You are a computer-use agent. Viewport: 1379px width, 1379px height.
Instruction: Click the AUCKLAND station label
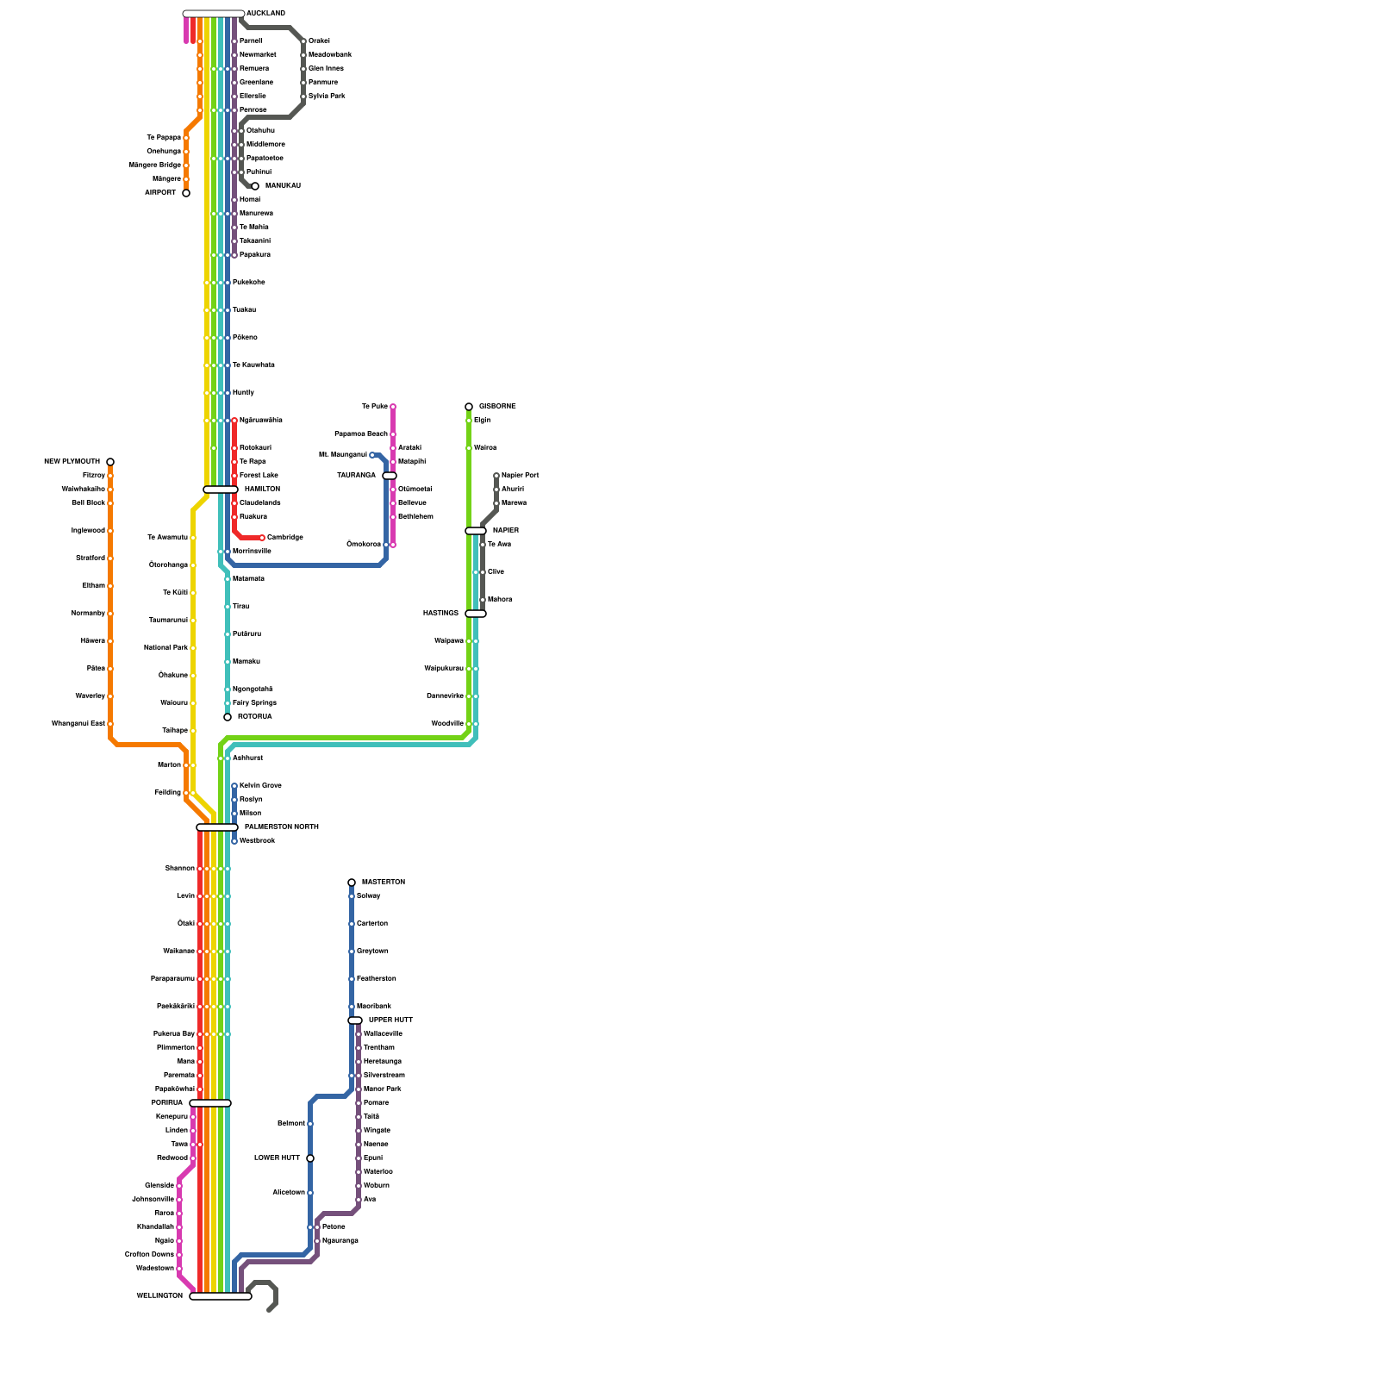pos(265,14)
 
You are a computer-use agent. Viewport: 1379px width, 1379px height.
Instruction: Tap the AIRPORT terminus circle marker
pos(186,193)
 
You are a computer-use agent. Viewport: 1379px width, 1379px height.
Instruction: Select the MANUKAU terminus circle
pos(255,186)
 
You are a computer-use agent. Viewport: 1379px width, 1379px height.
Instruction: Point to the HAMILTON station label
pos(262,490)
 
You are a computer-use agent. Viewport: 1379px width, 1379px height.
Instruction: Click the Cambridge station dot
pos(262,538)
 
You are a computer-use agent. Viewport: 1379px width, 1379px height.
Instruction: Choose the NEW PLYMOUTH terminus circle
pos(110,462)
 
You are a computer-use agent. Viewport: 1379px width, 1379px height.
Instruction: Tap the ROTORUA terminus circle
pos(228,717)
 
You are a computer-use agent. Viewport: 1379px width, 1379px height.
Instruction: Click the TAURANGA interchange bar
pos(390,476)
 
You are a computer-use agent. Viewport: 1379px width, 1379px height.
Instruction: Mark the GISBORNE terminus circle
pos(469,407)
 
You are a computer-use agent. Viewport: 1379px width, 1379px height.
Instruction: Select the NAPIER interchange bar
pos(476,531)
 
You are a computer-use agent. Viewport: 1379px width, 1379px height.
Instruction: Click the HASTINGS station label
pos(440,614)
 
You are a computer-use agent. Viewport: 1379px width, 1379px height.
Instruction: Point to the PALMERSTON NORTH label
pos(281,827)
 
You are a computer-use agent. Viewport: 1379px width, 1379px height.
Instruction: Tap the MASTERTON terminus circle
pos(352,883)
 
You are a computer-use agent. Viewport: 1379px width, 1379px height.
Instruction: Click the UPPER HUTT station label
pos(390,1020)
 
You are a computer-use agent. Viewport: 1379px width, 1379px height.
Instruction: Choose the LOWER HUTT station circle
pos(310,1158)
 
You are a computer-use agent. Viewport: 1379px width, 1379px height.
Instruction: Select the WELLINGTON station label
pos(159,1296)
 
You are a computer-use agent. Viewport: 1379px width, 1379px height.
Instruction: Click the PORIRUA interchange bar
pos(210,1103)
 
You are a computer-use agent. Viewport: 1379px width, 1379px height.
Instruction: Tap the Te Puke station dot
pos(393,407)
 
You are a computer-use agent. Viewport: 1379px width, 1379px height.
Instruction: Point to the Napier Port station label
pos(520,476)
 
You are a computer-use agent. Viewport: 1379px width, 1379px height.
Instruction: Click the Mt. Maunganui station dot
pos(372,455)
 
